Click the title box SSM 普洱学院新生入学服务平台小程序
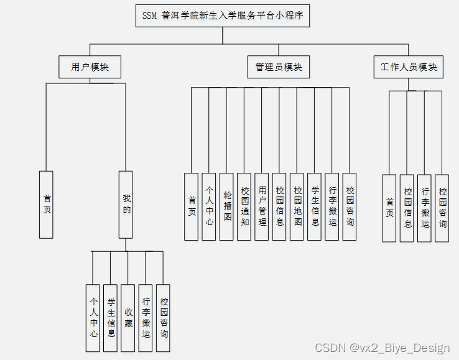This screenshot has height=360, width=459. pos(223,16)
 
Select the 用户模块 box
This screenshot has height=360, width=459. pos(90,67)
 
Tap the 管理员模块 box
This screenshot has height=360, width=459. pos(279,67)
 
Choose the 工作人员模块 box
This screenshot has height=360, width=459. pos(409,67)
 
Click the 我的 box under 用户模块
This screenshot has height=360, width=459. pos(126,205)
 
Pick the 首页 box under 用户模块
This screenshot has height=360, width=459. pos(46,205)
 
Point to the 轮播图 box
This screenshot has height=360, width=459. pos(227,206)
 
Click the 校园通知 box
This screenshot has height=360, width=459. pos(244,206)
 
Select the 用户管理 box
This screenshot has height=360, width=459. pos(262,206)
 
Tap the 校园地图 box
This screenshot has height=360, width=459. pos(297,206)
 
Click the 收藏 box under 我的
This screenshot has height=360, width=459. pos(128,318)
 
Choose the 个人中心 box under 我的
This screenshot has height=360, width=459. pos(93,318)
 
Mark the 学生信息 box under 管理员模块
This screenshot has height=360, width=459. pos(315,206)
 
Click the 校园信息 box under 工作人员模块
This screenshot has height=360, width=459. pos(407,208)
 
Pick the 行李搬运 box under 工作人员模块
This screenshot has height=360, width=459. pos(425,208)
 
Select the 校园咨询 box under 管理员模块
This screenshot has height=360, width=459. pos(350,206)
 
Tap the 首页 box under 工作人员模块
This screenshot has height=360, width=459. pos(389,208)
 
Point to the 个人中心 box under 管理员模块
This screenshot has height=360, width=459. pos(209,206)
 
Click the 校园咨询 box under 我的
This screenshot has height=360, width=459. pos(163,318)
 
